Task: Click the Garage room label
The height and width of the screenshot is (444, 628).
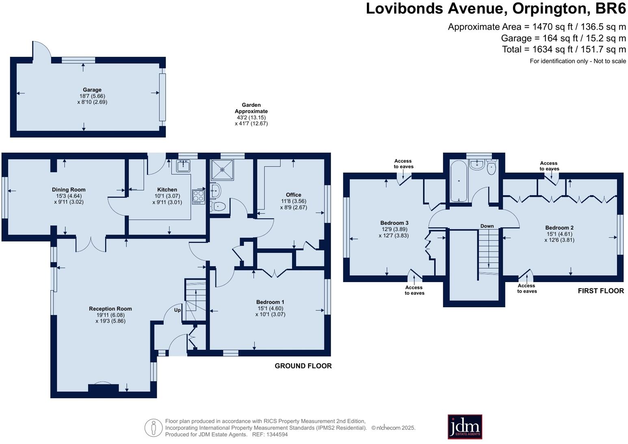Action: [x=92, y=90]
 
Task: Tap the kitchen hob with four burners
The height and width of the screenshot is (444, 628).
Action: [x=199, y=197]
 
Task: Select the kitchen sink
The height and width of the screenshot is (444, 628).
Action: [x=183, y=166]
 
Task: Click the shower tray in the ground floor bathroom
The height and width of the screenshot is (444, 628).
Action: [x=222, y=170]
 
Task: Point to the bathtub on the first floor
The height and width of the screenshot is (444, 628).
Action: [x=459, y=181]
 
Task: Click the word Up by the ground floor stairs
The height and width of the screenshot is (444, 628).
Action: [x=178, y=310]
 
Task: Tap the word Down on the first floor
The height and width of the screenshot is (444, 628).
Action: [x=487, y=226]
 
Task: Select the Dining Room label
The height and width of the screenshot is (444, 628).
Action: [x=69, y=190]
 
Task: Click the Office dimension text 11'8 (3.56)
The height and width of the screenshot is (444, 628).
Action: [x=293, y=201]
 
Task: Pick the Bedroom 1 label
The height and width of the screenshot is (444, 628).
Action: [x=270, y=302]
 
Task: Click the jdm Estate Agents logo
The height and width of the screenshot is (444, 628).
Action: [x=465, y=427]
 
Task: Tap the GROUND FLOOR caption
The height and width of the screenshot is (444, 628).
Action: [x=303, y=366]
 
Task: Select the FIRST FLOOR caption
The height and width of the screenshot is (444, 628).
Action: [x=600, y=291]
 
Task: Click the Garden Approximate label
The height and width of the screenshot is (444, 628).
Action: [x=251, y=108]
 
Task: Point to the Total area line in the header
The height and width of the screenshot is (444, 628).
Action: [x=563, y=50]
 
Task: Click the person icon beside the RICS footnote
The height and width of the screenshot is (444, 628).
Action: [x=154, y=428]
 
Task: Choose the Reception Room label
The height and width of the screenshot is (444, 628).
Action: [x=110, y=308]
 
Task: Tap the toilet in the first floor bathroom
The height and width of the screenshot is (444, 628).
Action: [x=491, y=168]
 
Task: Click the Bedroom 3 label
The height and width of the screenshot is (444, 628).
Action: [x=394, y=223]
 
